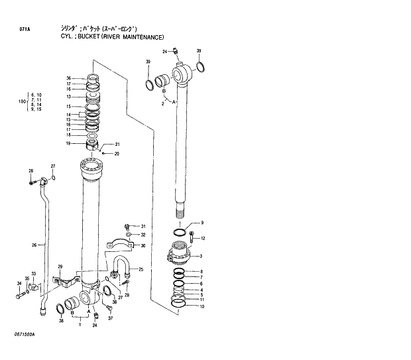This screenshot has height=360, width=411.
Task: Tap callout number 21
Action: (x=117, y=145)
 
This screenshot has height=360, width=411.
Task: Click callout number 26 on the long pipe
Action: (x=34, y=246)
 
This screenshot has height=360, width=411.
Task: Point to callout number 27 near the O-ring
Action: (x=54, y=166)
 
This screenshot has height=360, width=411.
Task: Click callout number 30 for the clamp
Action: (x=142, y=245)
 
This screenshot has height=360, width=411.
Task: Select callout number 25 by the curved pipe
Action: (x=141, y=269)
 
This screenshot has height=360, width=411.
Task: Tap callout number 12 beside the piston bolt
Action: (x=203, y=239)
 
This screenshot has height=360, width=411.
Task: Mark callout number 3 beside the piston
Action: (x=201, y=257)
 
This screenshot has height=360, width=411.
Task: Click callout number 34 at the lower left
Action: (x=19, y=284)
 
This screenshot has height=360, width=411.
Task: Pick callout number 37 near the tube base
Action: (x=111, y=318)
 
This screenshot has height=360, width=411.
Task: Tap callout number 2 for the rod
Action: (x=162, y=104)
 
